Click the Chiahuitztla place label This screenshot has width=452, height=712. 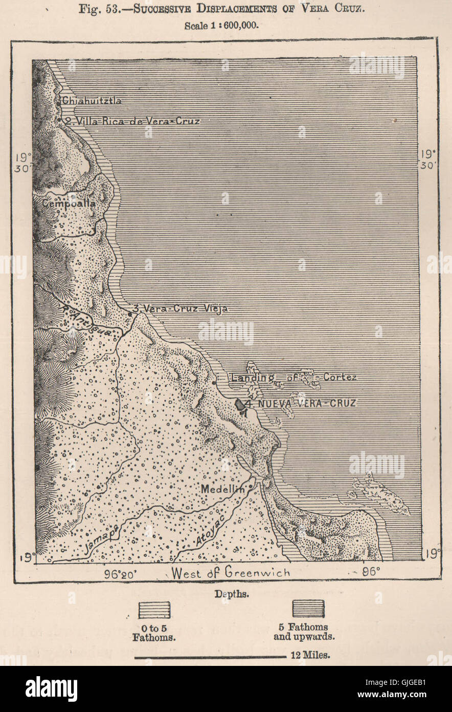coord(92,101)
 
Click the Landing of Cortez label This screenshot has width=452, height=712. coord(293,378)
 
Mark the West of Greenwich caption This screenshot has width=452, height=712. coord(231,572)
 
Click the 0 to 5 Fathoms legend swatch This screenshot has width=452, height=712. coord(154,610)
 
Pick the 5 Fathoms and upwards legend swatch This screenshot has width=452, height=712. coord(308,609)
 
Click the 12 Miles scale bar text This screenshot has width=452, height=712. coord(309,655)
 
